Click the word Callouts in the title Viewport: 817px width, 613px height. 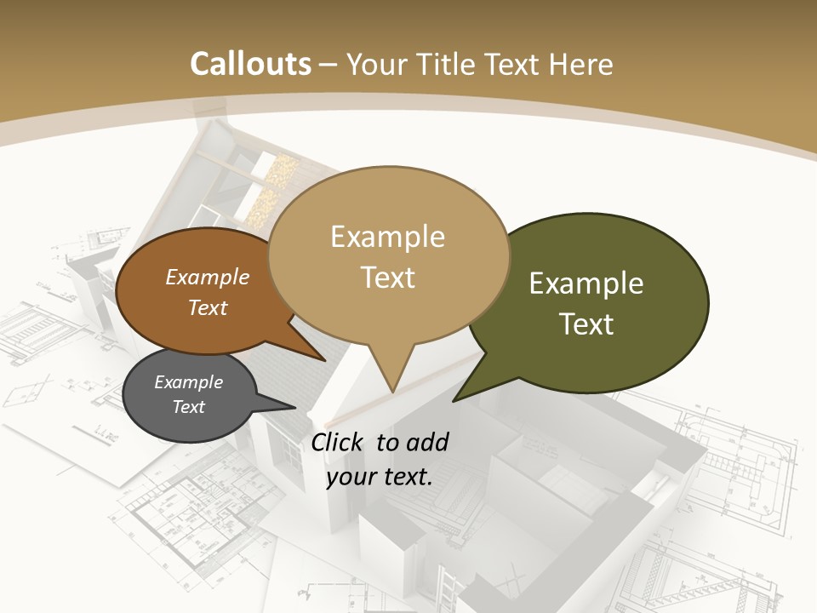click(x=250, y=64)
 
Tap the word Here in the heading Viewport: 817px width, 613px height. click(x=581, y=64)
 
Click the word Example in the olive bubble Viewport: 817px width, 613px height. click(x=586, y=284)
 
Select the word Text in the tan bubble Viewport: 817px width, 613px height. click(x=388, y=278)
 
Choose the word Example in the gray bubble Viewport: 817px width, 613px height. click(x=188, y=382)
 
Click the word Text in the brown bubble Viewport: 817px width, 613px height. click(x=208, y=307)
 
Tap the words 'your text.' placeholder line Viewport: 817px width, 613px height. click(x=380, y=477)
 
